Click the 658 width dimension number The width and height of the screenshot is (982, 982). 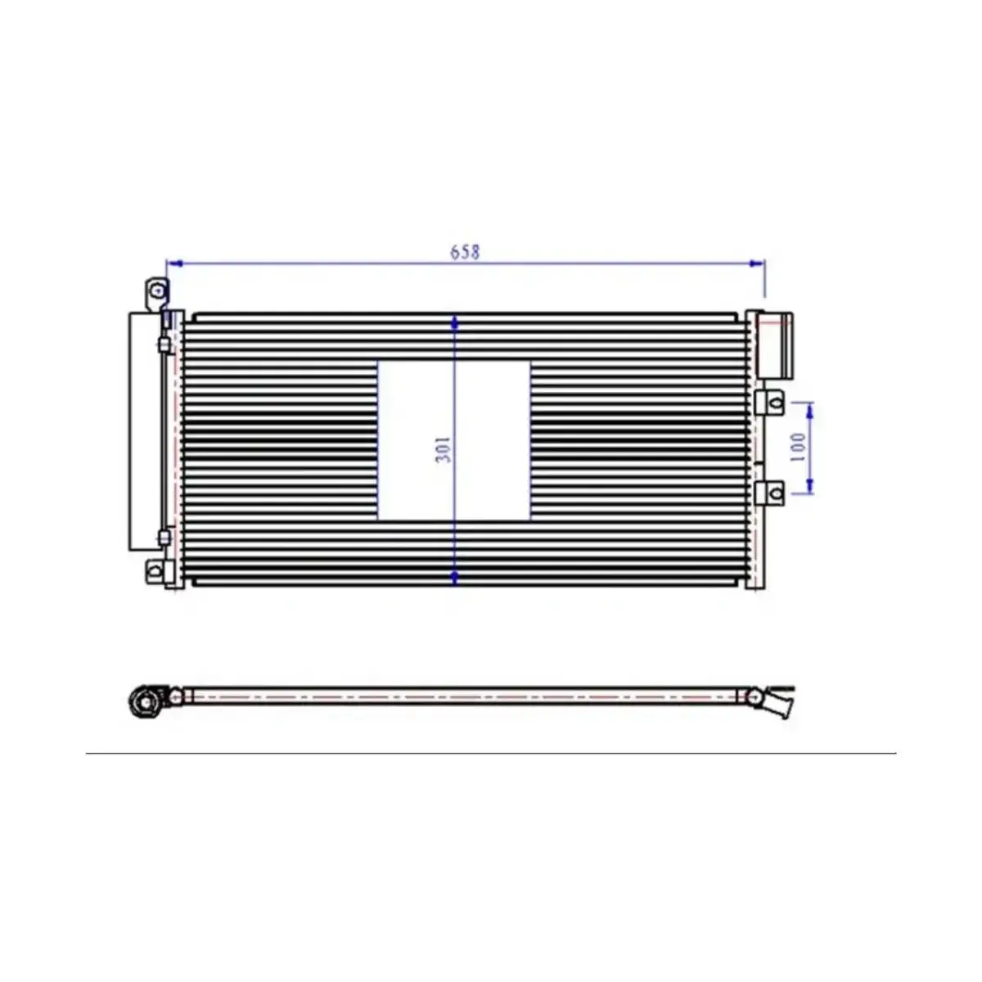[465, 252]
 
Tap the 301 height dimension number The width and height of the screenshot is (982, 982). [444, 449]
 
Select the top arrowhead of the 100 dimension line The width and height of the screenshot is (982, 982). [810, 407]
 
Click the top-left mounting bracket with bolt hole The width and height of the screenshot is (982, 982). [156, 291]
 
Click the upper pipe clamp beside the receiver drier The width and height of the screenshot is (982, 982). [164, 345]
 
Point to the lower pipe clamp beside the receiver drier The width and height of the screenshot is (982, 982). [164, 537]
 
